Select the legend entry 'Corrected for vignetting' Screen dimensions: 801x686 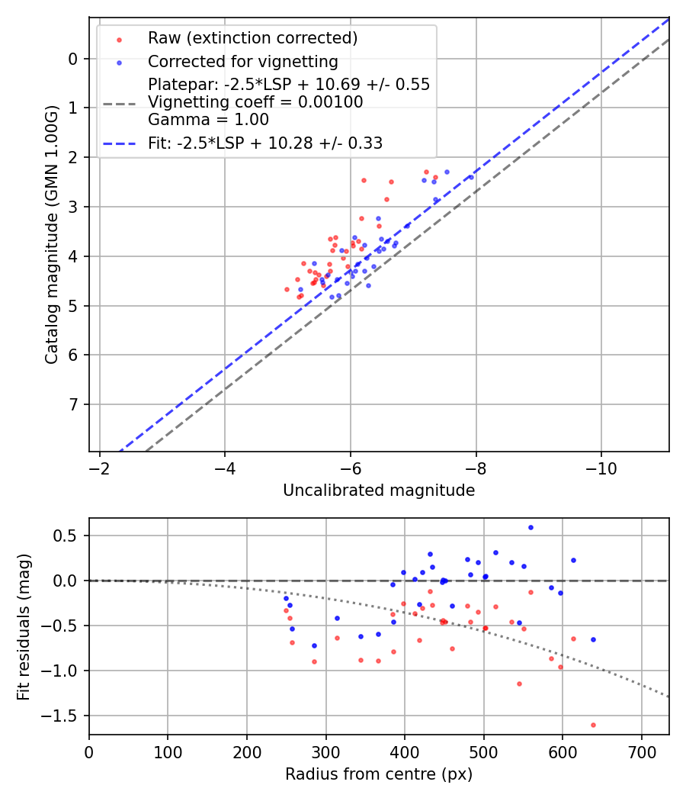[242, 61]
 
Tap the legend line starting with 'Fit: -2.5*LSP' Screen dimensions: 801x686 [265, 143]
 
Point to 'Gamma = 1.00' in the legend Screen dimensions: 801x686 [208, 119]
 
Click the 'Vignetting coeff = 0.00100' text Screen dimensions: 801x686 [255, 101]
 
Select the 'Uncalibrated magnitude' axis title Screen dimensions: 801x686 [379, 491]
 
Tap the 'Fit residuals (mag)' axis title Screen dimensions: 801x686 [24, 626]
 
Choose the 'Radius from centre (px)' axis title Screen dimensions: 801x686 [379, 774]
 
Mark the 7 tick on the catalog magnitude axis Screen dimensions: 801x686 [74, 404]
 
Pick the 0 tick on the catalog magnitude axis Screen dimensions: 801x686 [74, 59]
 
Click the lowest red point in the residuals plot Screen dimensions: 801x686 [593, 725]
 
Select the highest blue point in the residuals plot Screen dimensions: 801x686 [531, 527]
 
